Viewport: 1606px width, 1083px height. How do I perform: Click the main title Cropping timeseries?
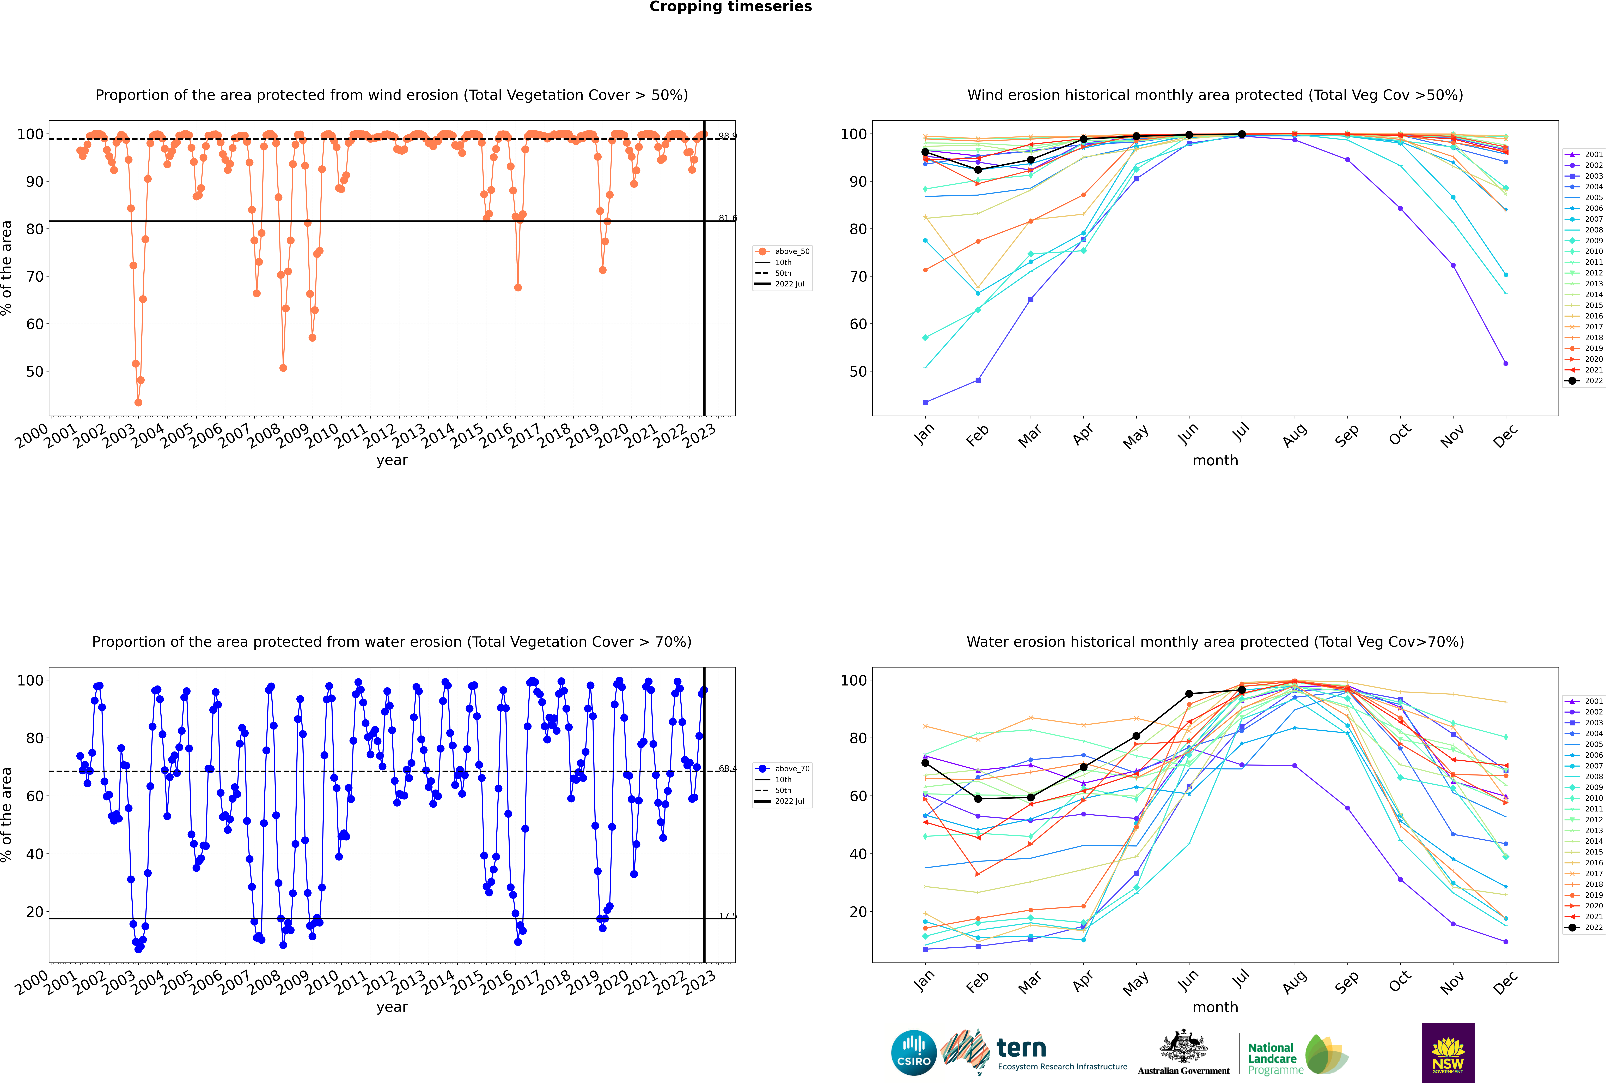click(x=730, y=7)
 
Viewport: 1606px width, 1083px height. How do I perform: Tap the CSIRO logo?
click(x=913, y=1053)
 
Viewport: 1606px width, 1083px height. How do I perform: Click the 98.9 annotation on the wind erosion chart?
click(x=727, y=136)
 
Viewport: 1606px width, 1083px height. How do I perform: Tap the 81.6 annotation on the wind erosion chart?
click(x=727, y=218)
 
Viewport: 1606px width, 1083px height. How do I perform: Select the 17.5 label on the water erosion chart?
click(x=727, y=916)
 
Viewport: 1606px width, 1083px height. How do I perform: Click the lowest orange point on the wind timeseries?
click(x=138, y=403)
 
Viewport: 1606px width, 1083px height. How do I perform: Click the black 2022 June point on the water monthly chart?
click(x=1189, y=693)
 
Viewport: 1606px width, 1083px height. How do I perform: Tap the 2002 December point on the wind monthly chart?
click(x=1506, y=363)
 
